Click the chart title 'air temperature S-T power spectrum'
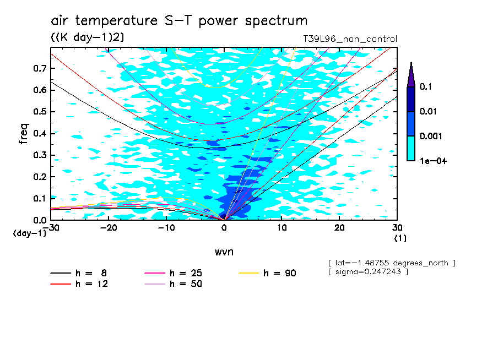click(x=179, y=21)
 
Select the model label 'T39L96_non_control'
click(x=346, y=39)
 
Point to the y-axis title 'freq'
click(x=23, y=134)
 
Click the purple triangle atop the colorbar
click(x=411, y=74)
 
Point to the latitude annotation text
click(x=391, y=263)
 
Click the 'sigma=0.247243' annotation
click(x=368, y=272)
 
